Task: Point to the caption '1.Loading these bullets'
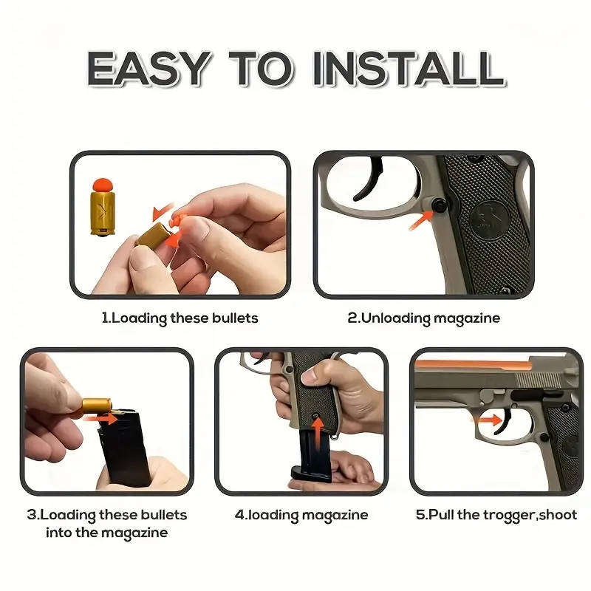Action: point(180,318)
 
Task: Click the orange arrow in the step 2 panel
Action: point(421,219)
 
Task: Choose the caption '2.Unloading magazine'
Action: point(423,318)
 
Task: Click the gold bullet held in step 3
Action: point(96,405)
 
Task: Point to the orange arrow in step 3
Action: point(106,419)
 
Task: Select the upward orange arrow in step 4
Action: point(317,431)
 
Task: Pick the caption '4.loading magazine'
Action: point(301,515)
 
